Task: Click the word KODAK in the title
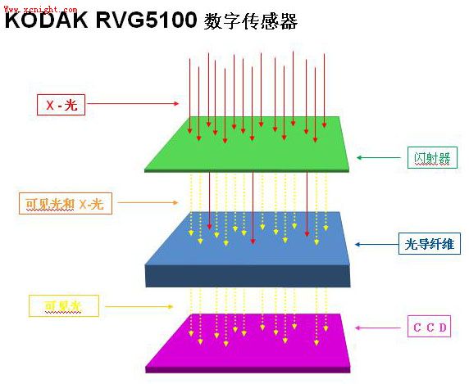click(x=47, y=20)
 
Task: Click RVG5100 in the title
click(x=146, y=20)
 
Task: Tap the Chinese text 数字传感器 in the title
click(x=250, y=21)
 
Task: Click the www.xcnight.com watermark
click(x=40, y=9)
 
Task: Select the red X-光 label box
click(x=61, y=105)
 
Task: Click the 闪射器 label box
click(x=432, y=157)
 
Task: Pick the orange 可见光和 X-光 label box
click(x=66, y=203)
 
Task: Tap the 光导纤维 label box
click(x=430, y=244)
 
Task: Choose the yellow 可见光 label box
click(x=64, y=305)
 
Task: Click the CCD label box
click(x=429, y=327)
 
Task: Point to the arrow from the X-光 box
click(x=133, y=104)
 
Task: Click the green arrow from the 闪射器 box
click(x=378, y=157)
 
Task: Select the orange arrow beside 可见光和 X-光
click(x=148, y=202)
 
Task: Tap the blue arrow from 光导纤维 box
click(x=376, y=244)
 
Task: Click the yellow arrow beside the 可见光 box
click(x=139, y=306)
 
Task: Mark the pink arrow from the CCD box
click(x=377, y=328)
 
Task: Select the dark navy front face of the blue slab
click(x=248, y=276)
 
